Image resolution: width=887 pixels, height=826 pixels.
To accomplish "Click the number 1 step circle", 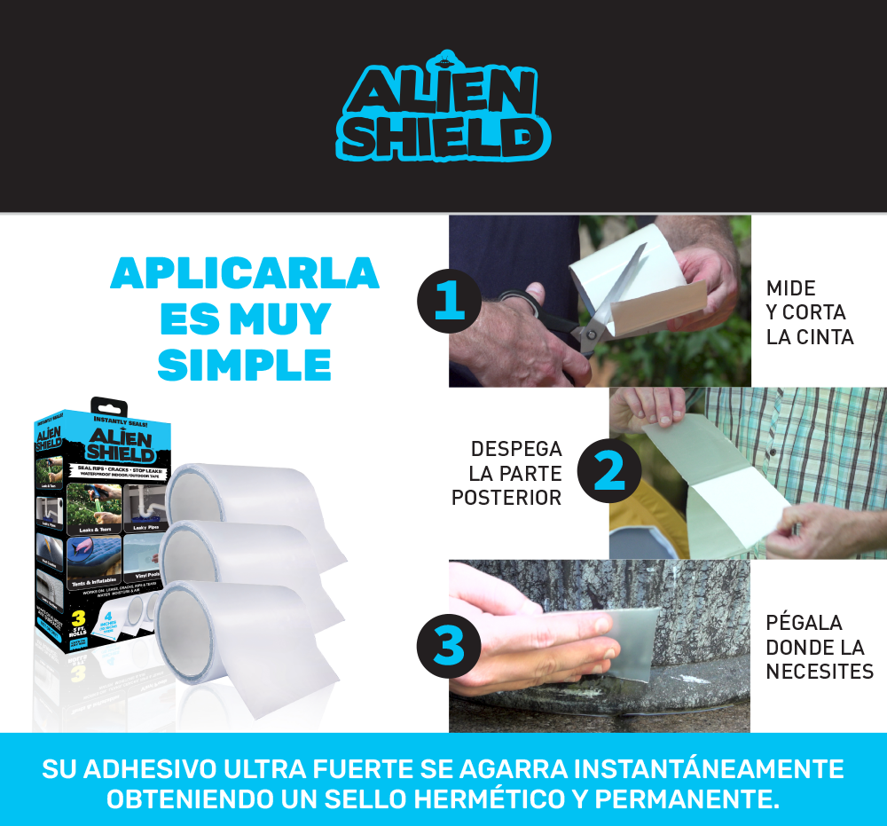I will pyautogui.click(x=449, y=301).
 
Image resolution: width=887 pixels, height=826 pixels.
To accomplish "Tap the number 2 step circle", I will pyautogui.click(x=609, y=471).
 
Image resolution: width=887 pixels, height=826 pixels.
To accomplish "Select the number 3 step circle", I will pyautogui.click(x=449, y=645).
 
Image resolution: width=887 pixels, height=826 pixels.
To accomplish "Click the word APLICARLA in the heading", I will pyautogui.click(x=245, y=275).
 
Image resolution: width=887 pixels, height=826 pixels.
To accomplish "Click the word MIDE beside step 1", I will pyautogui.click(x=791, y=288).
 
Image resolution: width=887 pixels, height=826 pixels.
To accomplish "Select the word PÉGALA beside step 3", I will pyautogui.click(x=804, y=623).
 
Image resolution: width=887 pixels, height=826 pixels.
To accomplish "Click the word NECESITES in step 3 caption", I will pyautogui.click(x=820, y=672).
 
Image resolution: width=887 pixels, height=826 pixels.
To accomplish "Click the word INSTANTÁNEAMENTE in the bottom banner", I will pyautogui.click(x=693, y=768).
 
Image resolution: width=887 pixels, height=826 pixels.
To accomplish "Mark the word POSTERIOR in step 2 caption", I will pyautogui.click(x=506, y=498).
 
